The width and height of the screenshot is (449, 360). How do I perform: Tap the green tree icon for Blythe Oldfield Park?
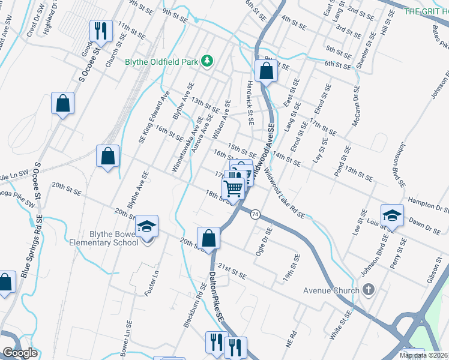207,61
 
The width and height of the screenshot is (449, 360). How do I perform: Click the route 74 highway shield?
256,214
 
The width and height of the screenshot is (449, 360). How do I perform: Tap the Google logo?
19,353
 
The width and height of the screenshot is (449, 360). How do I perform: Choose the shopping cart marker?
234,188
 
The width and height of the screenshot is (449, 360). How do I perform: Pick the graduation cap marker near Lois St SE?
392,215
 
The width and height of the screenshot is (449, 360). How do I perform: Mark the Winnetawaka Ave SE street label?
185,145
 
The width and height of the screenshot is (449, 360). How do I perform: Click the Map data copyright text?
424,355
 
